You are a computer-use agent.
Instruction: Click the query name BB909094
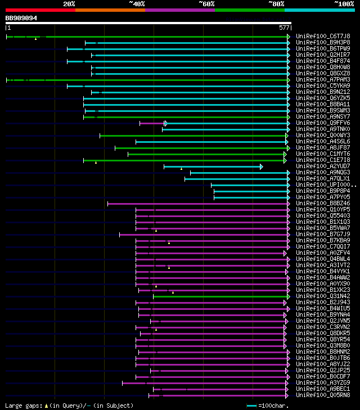pyautogui.click(x=21, y=18)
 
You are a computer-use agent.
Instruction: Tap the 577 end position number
pyautogui.click(x=284, y=28)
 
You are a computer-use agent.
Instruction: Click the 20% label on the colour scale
pyautogui.click(x=69, y=4)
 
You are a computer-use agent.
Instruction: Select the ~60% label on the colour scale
pyautogui.click(x=206, y=4)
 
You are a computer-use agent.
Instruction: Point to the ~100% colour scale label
pyautogui.click(x=344, y=4)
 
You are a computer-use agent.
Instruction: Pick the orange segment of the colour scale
pyautogui.click(x=110, y=10)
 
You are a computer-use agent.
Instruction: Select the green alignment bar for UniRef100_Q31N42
pyautogui.click(x=219, y=296)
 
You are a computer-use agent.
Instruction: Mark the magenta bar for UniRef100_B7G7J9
pyautogui.click(x=202, y=235)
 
